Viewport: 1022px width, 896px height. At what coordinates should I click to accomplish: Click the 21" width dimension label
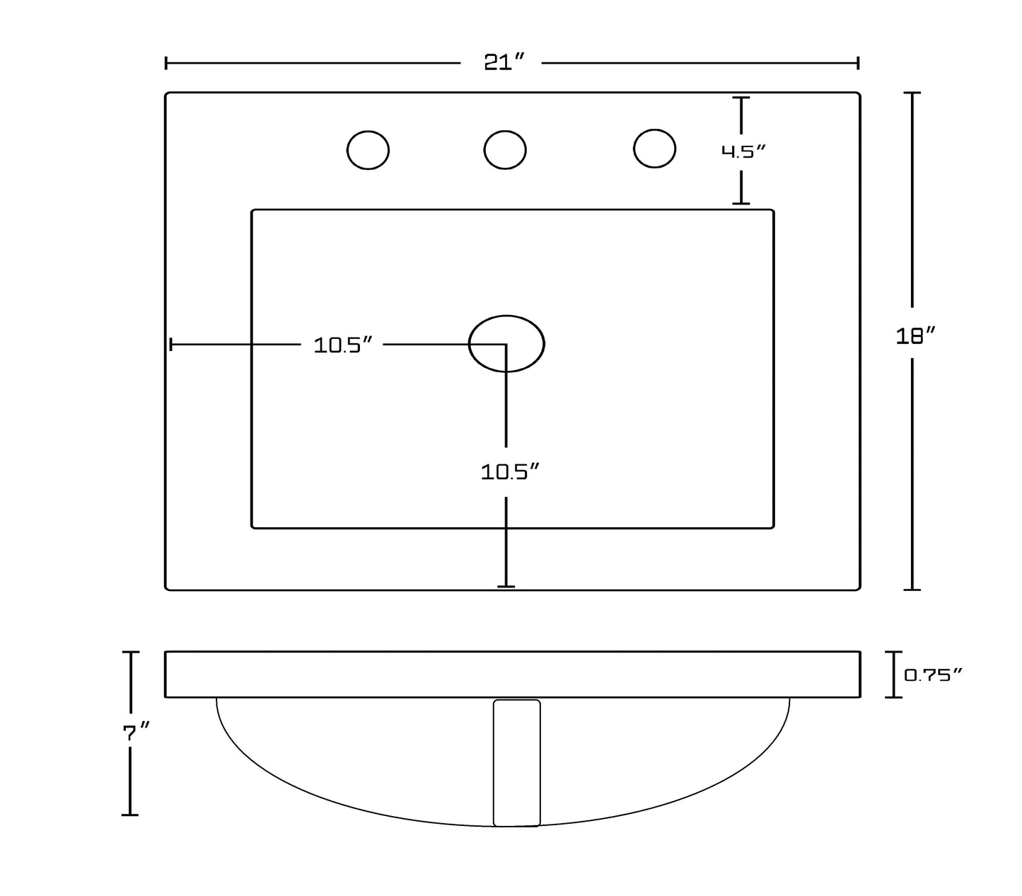coord(504,62)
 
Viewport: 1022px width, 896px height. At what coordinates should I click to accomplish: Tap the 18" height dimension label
coord(916,335)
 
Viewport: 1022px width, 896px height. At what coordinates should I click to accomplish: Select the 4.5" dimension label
coord(743,151)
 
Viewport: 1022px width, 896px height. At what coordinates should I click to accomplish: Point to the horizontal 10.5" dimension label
coord(342,345)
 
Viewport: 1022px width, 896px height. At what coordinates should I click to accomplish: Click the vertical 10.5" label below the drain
coord(510,472)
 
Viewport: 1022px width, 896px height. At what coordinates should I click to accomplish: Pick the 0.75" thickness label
coord(933,675)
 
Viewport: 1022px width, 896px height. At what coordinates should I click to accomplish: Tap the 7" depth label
coord(137,733)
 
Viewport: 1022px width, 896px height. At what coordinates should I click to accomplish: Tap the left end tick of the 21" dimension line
coord(166,63)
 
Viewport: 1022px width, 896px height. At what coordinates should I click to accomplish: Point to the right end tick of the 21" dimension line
coord(858,63)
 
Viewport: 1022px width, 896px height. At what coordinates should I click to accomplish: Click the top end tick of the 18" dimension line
coord(912,93)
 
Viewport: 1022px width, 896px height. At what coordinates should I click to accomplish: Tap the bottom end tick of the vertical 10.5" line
coord(506,586)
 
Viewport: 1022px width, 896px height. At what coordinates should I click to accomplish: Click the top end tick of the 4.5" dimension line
coord(741,98)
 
